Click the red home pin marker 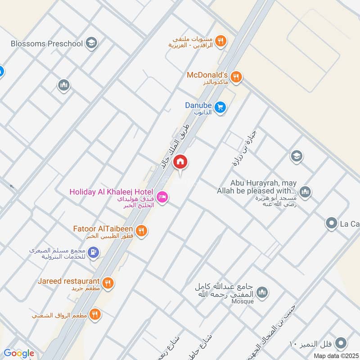pyautogui.click(x=180, y=162)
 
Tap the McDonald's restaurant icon pyautogui.click(x=238, y=77)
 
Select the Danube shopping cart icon pyautogui.click(x=220, y=107)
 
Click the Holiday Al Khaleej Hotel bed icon pyautogui.click(x=163, y=197)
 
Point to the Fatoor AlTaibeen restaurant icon pyautogui.click(x=141, y=230)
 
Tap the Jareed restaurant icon pyautogui.click(x=108, y=283)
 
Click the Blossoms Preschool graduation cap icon pyautogui.click(x=92, y=43)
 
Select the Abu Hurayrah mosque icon pyautogui.click(x=305, y=192)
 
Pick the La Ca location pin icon pyautogui.click(x=332, y=223)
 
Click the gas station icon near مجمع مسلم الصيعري pyautogui.click(x=93, y=252)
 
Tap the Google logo pyautogui.click(x=18, y=353)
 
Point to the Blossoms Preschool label pyautogui.click(x=47, y=44)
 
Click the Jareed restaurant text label pyautogui.click(x=68, y=281)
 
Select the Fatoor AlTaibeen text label pyautogui.click(x=104, y=229)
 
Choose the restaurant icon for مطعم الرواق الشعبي pyautogui.click(x=94, y=314)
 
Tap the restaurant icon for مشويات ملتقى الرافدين pyautogui.click(x=220, y=41)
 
